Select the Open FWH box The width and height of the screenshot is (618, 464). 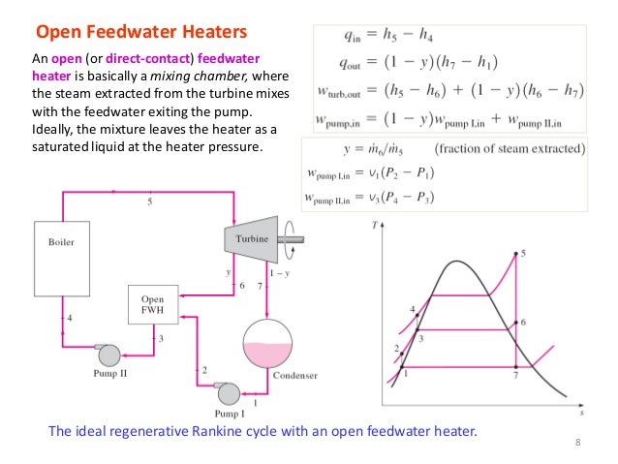pyautogui.click(x=151, y=306)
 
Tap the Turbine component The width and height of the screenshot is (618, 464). pyautogui.click(x=249, y=237)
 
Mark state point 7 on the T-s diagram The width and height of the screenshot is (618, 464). pyautogui.click(x=515, y=374)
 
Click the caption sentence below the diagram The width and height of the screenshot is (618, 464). pyautogui.click(x=263, y=428)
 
